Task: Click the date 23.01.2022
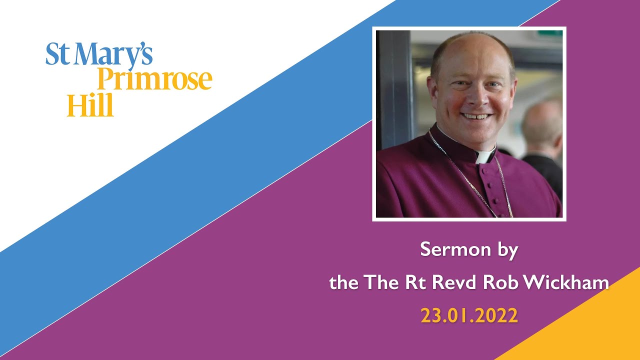coord(469,315)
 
